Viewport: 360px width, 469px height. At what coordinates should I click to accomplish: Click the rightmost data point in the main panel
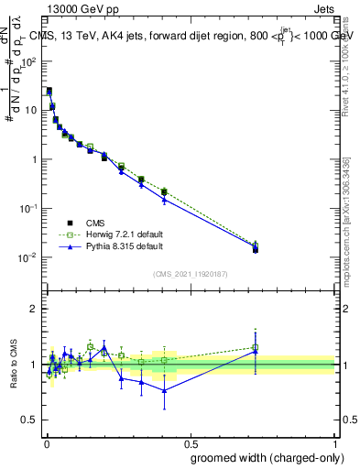click(256, 248)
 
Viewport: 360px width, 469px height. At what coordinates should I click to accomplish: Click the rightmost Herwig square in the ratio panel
click(256, 347)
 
